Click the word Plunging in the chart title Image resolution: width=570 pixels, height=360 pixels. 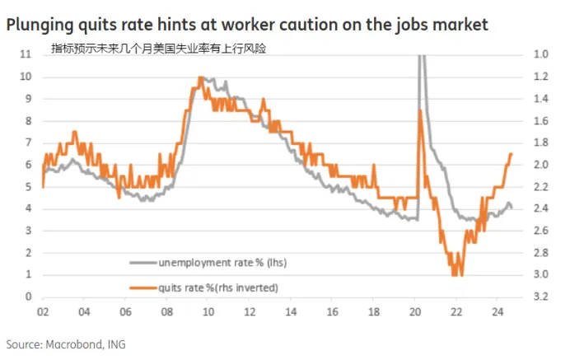click(x=42, y=26)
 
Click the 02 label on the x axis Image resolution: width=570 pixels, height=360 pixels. click(x=42, y=313)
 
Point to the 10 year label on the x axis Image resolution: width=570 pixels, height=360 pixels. click(x=208, y=313)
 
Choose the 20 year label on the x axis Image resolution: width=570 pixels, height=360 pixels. click(x=416, y=313)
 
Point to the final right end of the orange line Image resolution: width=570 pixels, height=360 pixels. click(x=512, y=154)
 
